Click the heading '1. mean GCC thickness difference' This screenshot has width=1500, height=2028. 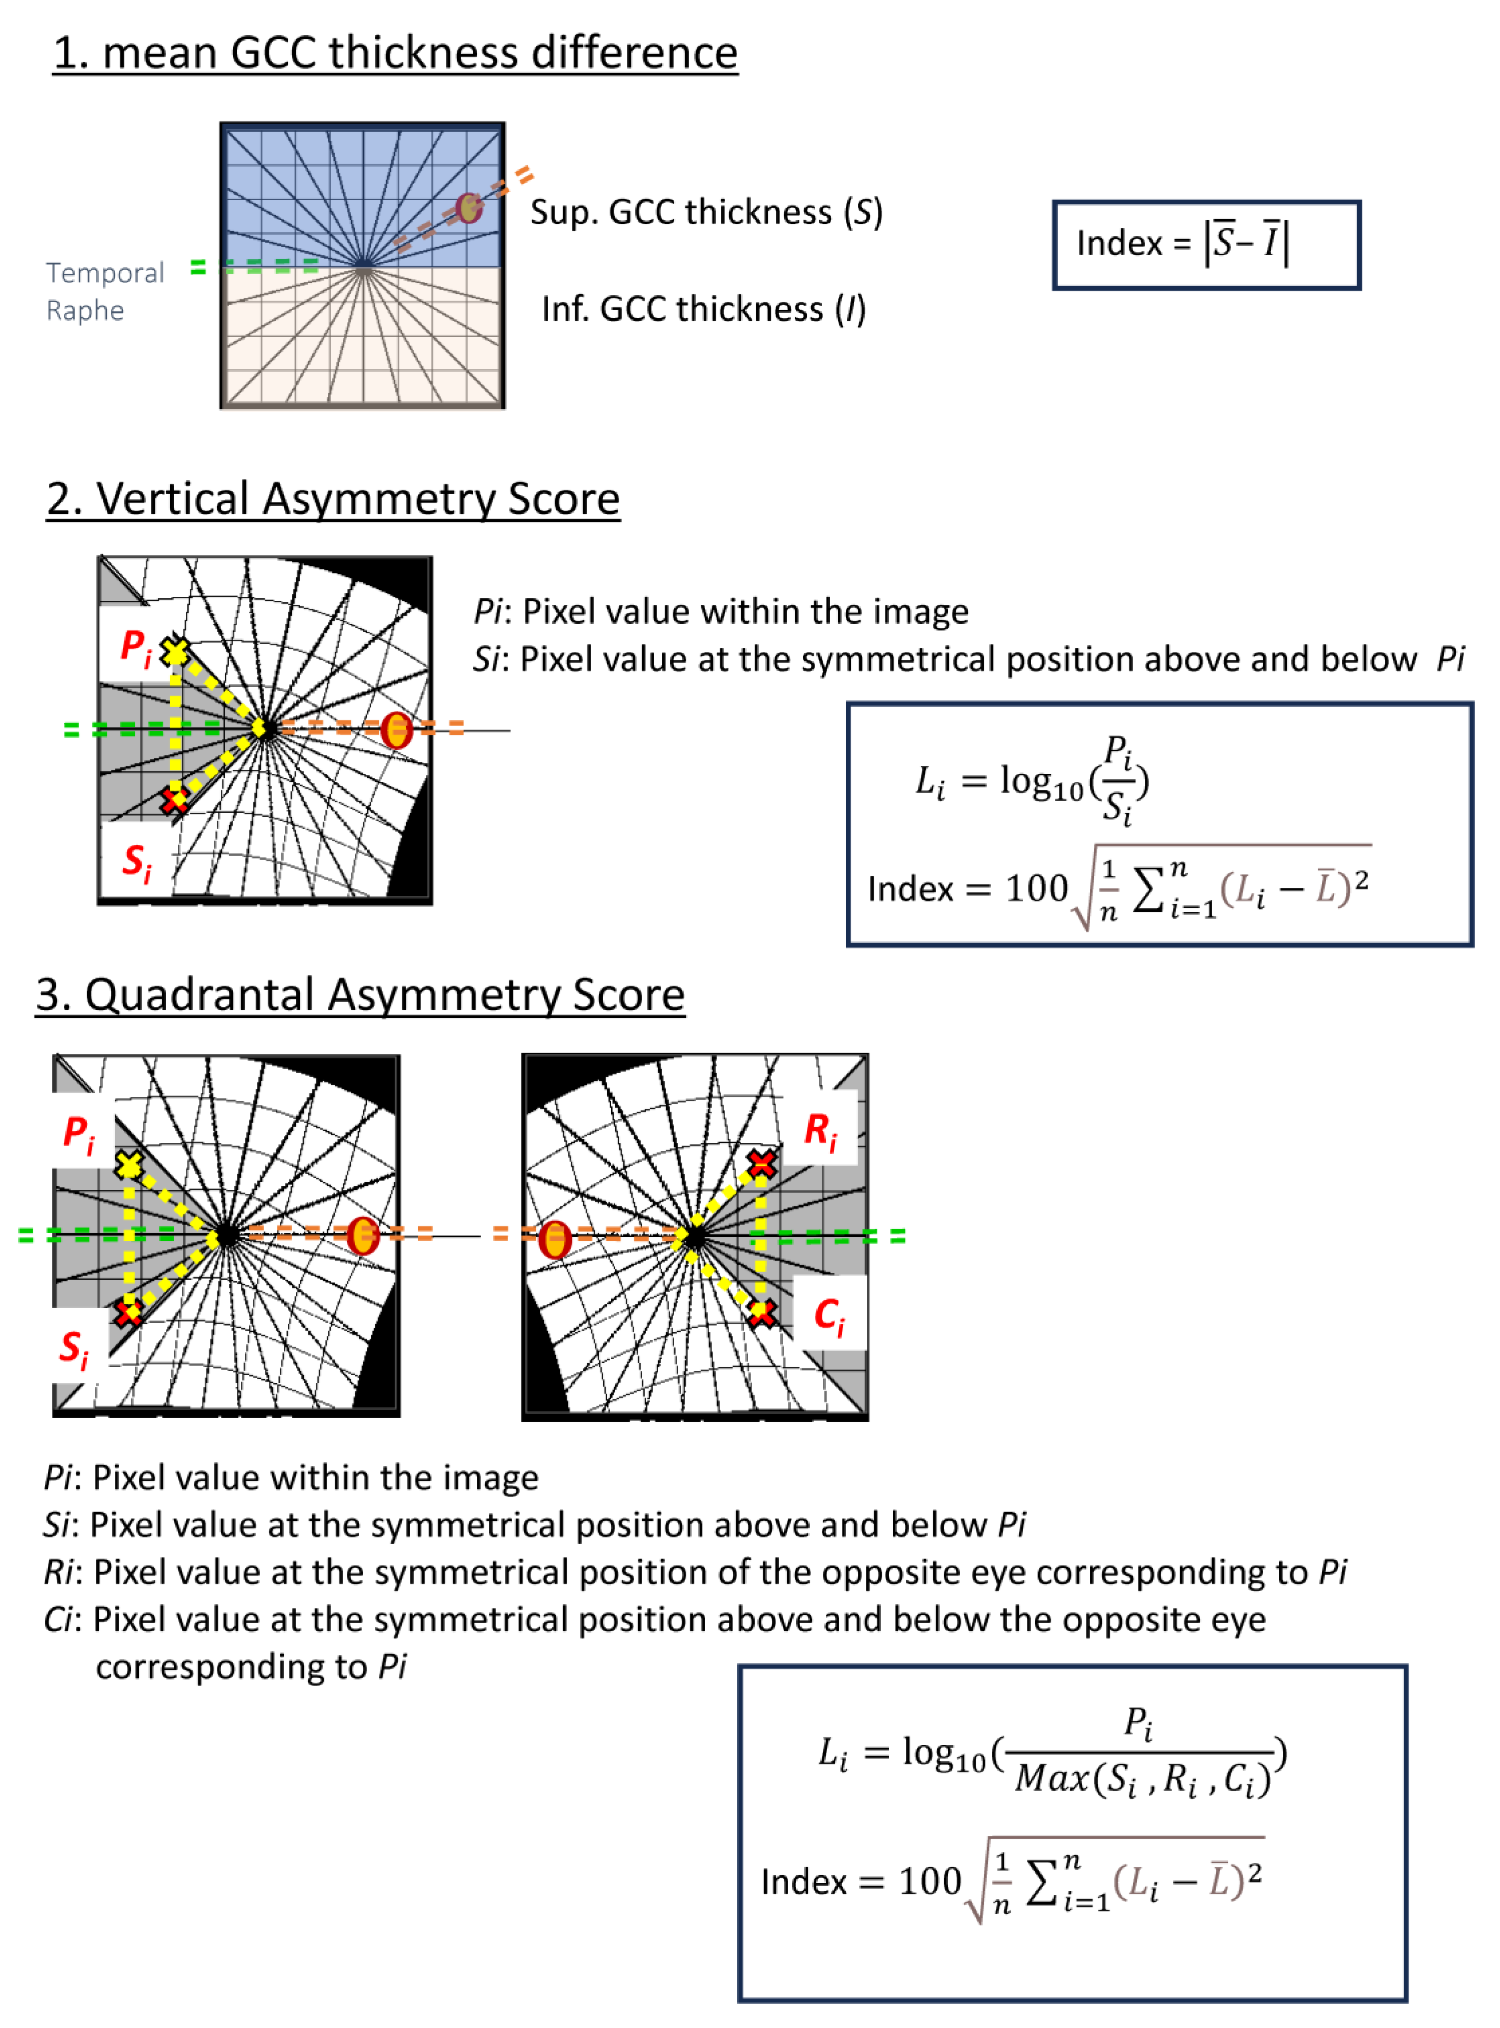pyautogui.click(x=395, y=53)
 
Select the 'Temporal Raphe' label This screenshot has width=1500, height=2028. pyautogui.click(x=105, y=290)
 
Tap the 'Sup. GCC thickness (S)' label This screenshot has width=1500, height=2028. pyautogui.click(x=706, y=211)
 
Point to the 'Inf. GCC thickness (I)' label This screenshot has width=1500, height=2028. pyautogui.click(x=704, y=309)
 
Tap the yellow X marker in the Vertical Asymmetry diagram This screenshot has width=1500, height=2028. pyautogui.click(x=174, y=651)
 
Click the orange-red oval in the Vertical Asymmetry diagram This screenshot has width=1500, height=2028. pyautogui.click(x=396, y=729)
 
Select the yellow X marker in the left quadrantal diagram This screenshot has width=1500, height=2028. pyautogui.click(x=129, y=1165)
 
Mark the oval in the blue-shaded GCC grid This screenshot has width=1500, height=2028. pyautogui.click(x=469, y=208)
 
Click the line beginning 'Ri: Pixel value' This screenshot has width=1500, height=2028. pyautogui.click(x=695, y=1571)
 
